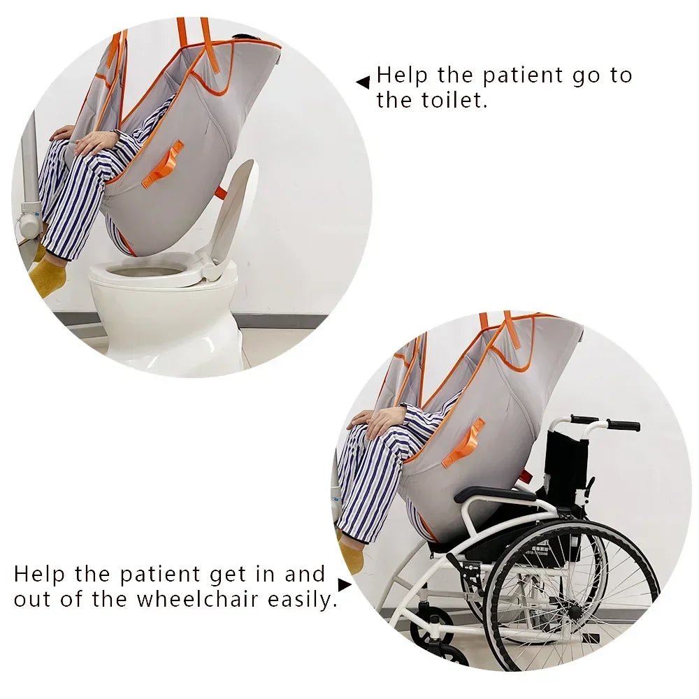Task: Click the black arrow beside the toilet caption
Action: point(363,82)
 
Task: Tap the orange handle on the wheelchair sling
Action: point(463,442)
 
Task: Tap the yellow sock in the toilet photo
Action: point(48,275)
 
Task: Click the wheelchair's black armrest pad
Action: point(495,493)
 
